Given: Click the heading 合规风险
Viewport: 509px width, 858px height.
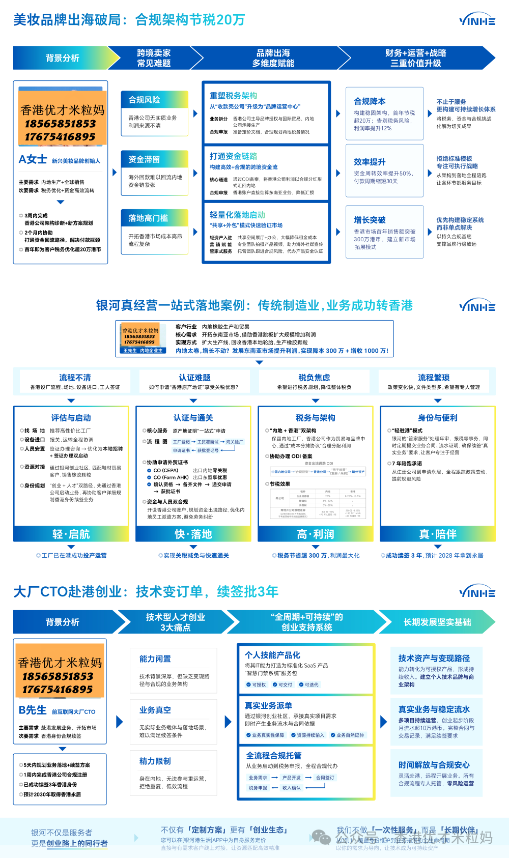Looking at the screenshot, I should tap(144, 100).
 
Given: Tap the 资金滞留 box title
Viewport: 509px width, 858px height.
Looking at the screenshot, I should tap(144, 159).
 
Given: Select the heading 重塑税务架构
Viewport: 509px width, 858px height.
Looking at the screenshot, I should tap(233, 96).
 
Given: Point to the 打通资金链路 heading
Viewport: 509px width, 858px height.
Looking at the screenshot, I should tap(233, 156).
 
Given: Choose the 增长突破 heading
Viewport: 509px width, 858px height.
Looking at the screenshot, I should tap(370, 220).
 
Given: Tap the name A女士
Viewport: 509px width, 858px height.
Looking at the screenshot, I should tap(33, 159).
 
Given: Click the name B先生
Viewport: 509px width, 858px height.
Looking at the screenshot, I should tap(32, 710).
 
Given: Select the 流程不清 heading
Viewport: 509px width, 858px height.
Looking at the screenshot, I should tap(75, 378).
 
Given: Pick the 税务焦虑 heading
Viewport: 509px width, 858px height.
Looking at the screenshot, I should tap(314, 378).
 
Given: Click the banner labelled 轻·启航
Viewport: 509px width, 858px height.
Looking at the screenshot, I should tap(71, 534).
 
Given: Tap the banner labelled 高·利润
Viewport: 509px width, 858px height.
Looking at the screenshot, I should tap(315, 534).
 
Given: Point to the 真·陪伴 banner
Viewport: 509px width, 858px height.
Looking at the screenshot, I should tap(437, 534).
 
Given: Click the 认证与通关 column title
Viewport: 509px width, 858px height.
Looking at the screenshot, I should tap(193, 418).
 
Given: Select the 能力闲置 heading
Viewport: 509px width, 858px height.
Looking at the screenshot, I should tap(155, 659).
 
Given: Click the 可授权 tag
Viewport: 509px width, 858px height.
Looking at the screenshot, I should tap(256, 684).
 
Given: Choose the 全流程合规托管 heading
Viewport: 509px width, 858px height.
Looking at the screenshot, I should tap(273, 756).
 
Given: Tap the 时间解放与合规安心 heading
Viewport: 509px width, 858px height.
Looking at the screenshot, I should tap(434, 765).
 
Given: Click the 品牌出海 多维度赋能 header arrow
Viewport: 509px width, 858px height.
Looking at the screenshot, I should tap(273, 58).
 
